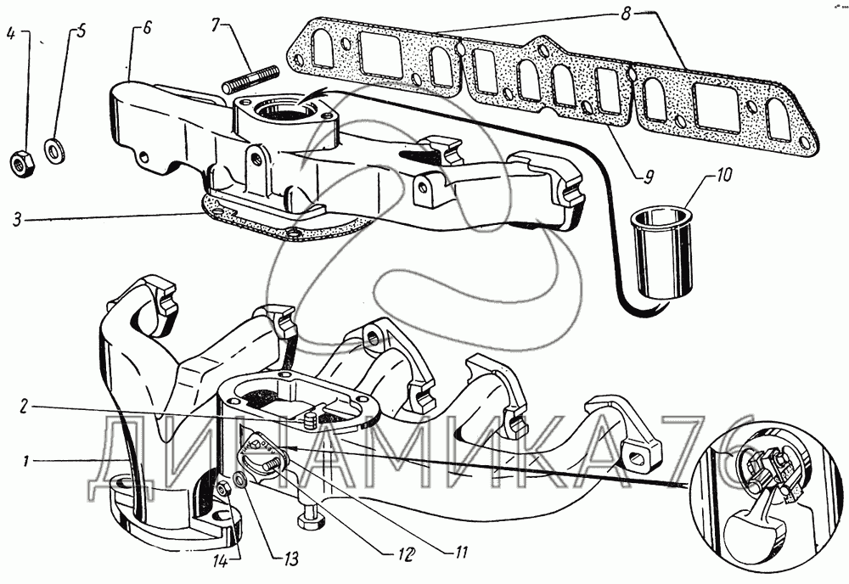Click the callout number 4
[11, 35]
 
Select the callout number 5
[82, 34]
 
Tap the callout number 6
[145, 29]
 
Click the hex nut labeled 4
[22, 163]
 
